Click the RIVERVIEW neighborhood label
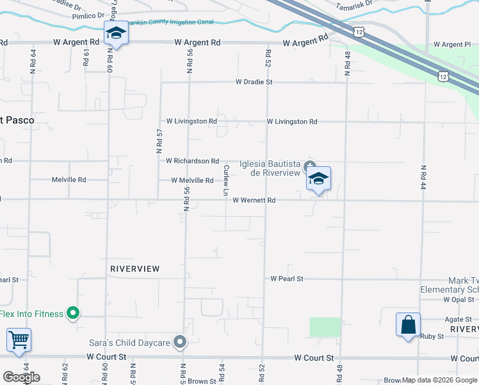134,269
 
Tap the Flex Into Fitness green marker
73,314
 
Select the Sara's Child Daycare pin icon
181,343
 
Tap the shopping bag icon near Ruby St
408,325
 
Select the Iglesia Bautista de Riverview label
270,168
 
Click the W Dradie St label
254,82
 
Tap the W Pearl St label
286,279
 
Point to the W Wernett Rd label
254,200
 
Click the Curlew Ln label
225,181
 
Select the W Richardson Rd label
192,161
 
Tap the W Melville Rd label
192,181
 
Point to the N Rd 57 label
160,141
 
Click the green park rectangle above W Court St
325,327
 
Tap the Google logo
21,377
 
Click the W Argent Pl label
452,45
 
